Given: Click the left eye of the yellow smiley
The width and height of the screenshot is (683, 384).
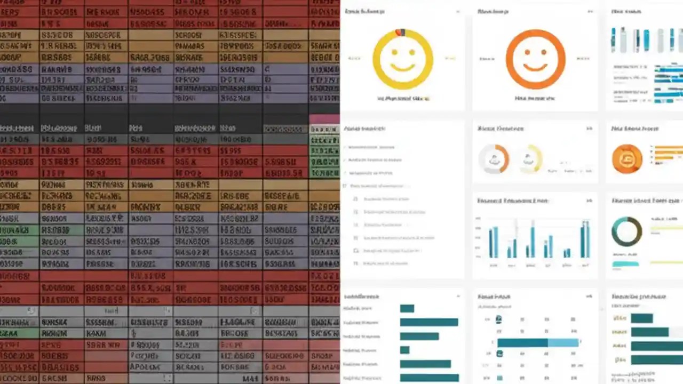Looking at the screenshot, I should [393, 53].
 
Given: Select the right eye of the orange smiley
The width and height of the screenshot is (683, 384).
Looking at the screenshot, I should [545, 53].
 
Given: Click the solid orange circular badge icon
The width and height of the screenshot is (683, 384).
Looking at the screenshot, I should [627, 159].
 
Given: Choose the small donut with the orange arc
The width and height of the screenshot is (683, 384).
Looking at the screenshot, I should [494, 159].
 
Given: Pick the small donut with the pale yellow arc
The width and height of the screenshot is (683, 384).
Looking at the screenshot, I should [530, 159].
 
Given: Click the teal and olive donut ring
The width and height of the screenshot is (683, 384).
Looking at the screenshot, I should [627, 231].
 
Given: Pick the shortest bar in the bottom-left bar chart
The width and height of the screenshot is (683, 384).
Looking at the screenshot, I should [404, 350].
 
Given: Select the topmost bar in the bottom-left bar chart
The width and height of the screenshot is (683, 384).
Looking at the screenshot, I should [407, 308].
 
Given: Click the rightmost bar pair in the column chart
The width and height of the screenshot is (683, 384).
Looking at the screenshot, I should [585, 240].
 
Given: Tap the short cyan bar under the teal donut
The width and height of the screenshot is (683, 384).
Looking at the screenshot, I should [625, 263].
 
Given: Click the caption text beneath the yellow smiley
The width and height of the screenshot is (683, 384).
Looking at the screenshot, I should [403, 99].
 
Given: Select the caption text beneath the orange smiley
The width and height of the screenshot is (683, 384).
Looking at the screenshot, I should [535, 99].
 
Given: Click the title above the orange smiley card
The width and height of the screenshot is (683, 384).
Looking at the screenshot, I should [492, 11].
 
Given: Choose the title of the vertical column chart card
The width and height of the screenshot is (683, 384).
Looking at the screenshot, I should [512, 201].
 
